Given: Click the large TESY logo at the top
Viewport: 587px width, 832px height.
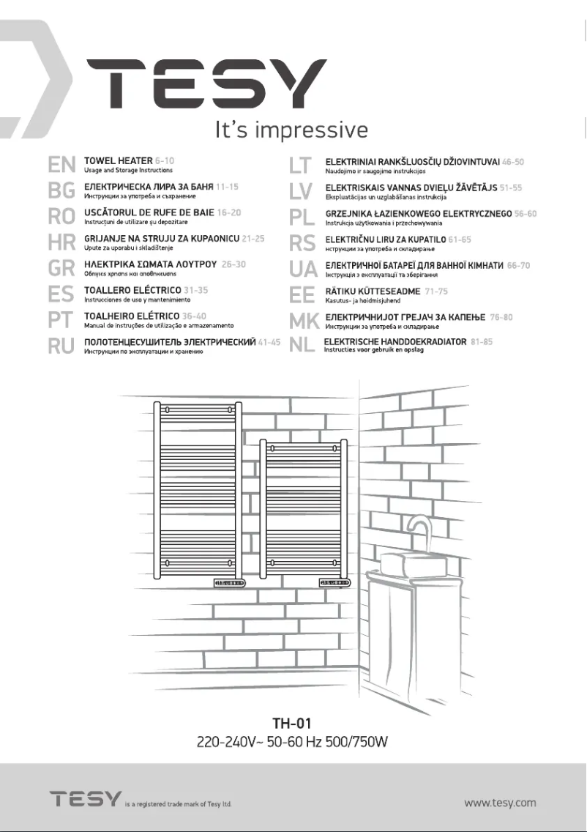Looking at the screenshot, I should [207, 84].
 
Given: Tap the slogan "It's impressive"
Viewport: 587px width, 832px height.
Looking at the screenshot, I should [291, 130].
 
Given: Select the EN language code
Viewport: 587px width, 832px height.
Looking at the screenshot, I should [61, 165].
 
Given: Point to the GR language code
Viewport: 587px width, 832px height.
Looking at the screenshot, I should [61, 268].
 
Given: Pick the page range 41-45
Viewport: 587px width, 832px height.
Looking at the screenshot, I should [269, 342].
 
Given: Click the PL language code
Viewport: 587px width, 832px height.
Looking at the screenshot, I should [301, 218].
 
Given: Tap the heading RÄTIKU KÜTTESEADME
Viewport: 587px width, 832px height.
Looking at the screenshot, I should [373, 291].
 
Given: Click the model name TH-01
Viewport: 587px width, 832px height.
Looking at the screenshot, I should [292, 724].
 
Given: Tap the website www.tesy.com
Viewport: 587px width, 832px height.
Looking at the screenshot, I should [500, 802].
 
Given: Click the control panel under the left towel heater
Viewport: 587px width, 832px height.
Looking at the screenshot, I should [229, 583].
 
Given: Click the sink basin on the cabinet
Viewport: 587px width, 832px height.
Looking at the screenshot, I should [408, 563].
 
